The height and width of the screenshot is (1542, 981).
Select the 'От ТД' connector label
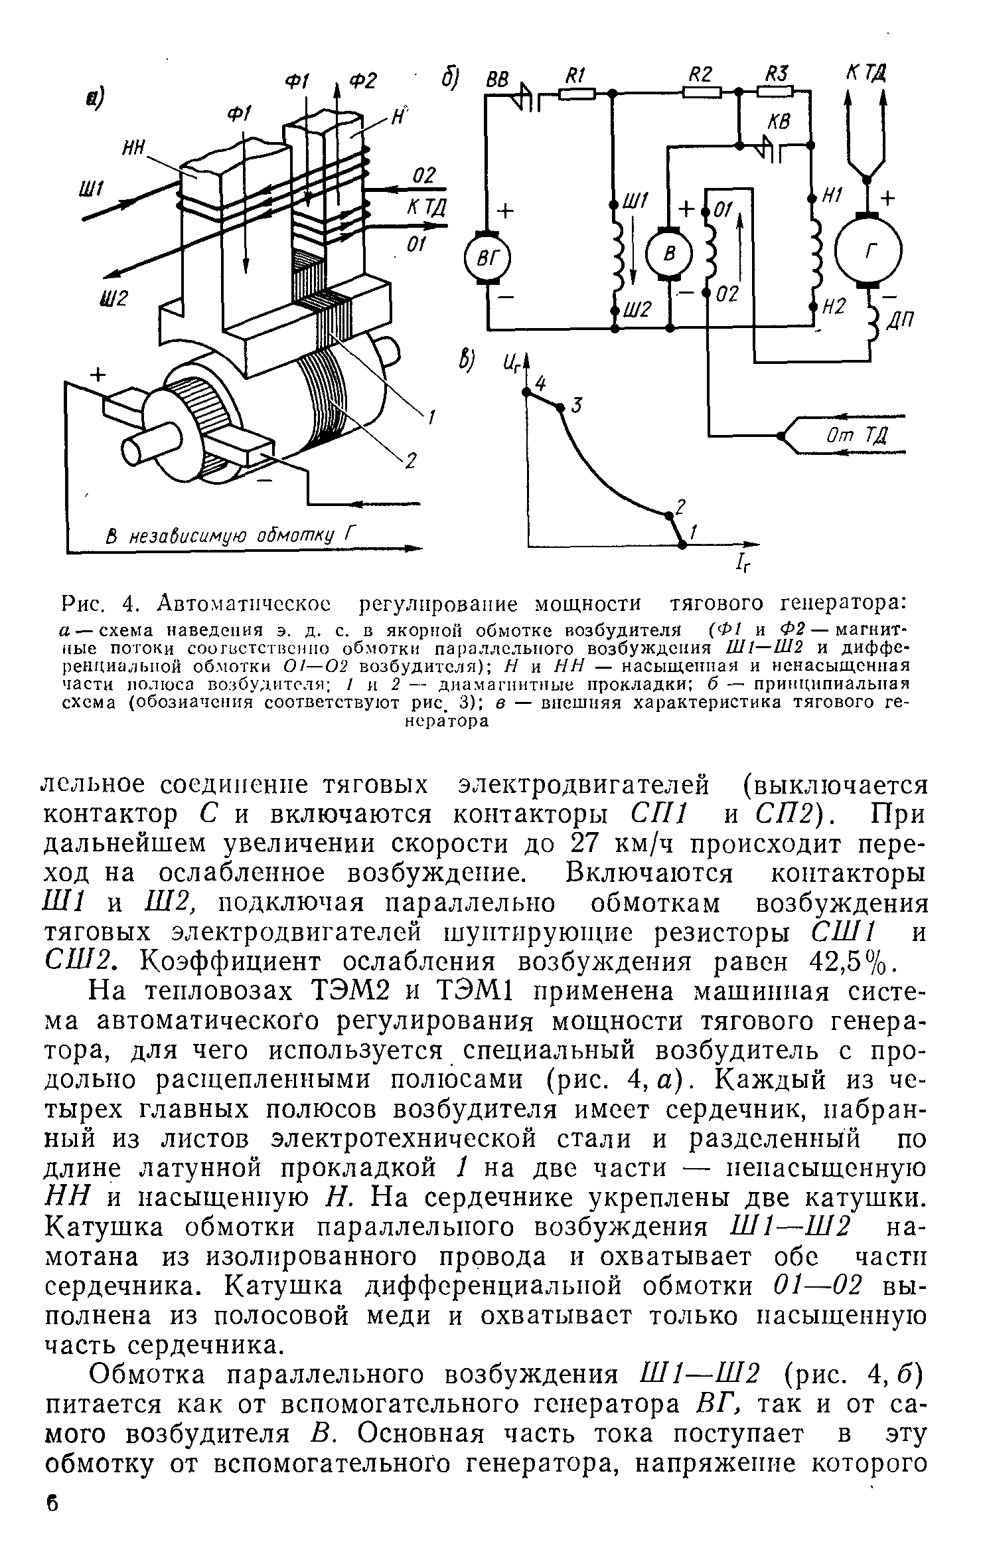tap(856, 436)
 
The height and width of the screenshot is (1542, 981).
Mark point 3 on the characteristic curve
tap(561, 407)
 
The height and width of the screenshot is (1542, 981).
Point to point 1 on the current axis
tap(683, 544)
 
